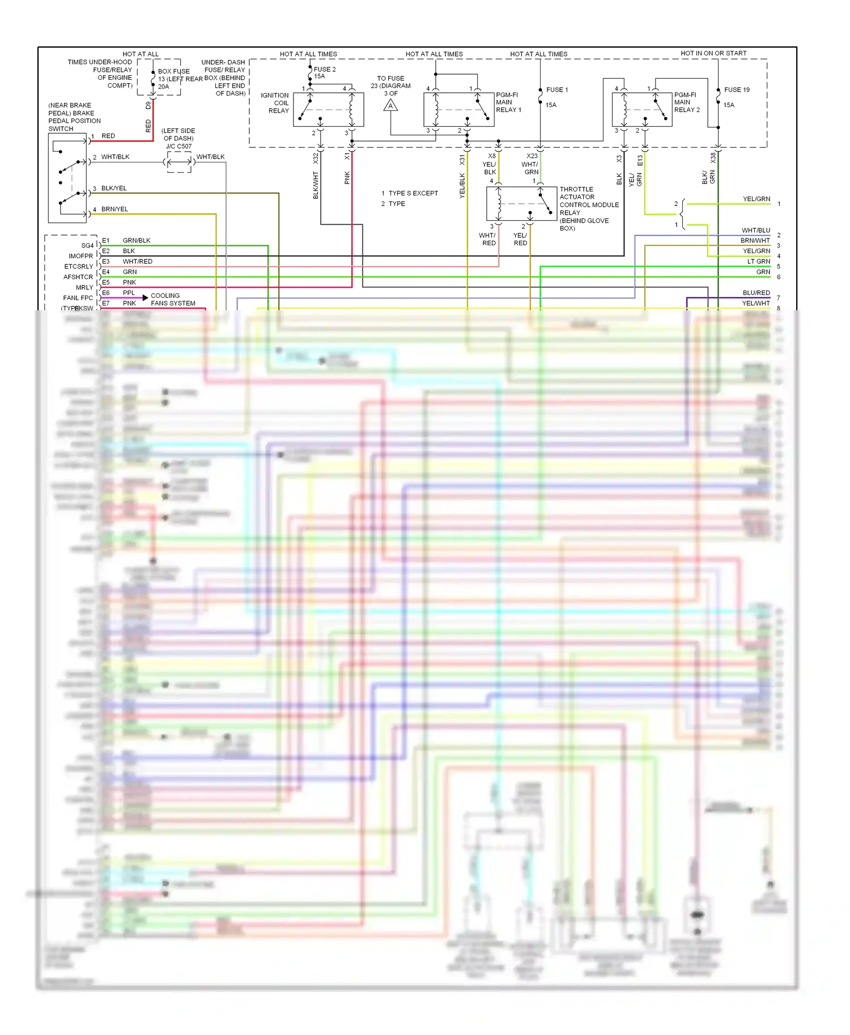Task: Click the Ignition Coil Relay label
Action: [x=275, y=103]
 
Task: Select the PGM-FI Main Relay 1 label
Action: [x=508, y=102]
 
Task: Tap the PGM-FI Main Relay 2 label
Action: [x=687, y=102]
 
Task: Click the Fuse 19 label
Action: [x=737, y=89]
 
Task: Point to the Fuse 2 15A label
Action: [x=325, y=72]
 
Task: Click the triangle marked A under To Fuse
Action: [x=390, y=106]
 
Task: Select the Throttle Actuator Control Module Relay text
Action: [x=588, y=208]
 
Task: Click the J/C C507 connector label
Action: [x=178, y=146]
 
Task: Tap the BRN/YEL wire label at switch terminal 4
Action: [x=114, y=209]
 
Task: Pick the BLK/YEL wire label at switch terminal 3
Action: [x=114, y=188]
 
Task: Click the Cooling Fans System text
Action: [x=172, y=300]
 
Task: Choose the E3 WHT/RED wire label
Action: [x=137, y=262]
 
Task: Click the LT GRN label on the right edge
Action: [x=758, y=262]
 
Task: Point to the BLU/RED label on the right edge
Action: [x=756, y=293]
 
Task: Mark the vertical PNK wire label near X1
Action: [x=347, y=178]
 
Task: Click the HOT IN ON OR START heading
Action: [x=713, y=53]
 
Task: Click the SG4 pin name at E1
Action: [x=87, y=246]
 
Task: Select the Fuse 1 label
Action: [x=556, y=89]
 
